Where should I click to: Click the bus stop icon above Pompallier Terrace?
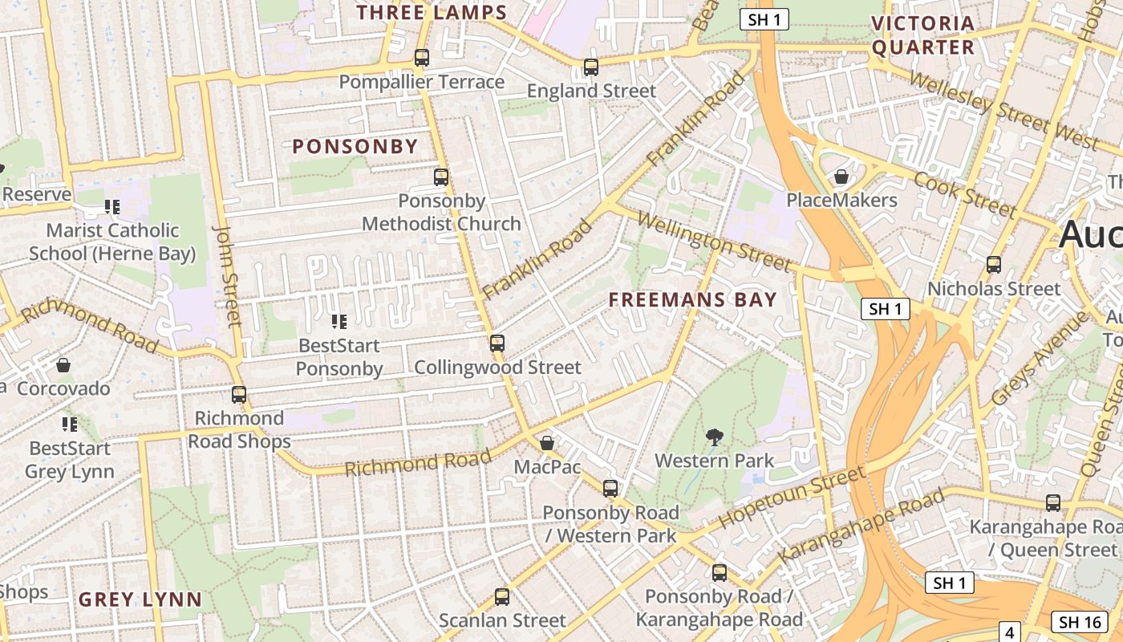point(421,58)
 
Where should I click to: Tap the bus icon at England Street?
point(591,67)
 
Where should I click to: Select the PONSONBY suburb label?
point(355,146)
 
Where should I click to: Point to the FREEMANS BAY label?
point(693,300)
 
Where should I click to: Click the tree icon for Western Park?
point(714,437)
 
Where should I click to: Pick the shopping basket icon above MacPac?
point(547,443)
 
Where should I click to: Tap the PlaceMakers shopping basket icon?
point(841,177)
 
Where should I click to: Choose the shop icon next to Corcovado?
point(63,366)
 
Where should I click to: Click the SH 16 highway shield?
point(1079,621)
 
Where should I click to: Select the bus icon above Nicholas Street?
point(994,264)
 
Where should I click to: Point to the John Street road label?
point(227,275)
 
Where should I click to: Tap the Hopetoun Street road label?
point(792,497)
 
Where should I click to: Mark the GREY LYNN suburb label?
point(140,599)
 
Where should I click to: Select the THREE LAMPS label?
point(432,13)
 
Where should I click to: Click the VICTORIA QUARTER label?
point(923,35)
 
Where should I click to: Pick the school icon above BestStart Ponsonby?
point(339,322)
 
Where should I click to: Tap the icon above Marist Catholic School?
point(112,207)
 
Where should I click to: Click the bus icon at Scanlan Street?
point(502,596)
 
